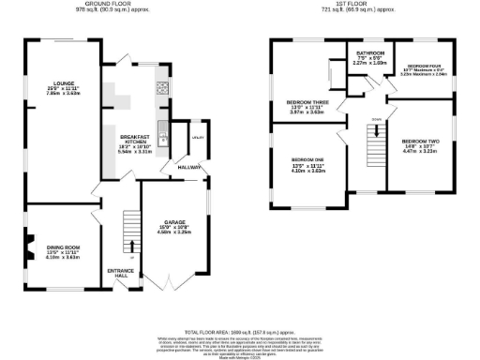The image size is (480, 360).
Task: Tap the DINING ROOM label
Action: point(64,247)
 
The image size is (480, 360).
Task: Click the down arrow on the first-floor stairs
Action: point(375,132)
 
